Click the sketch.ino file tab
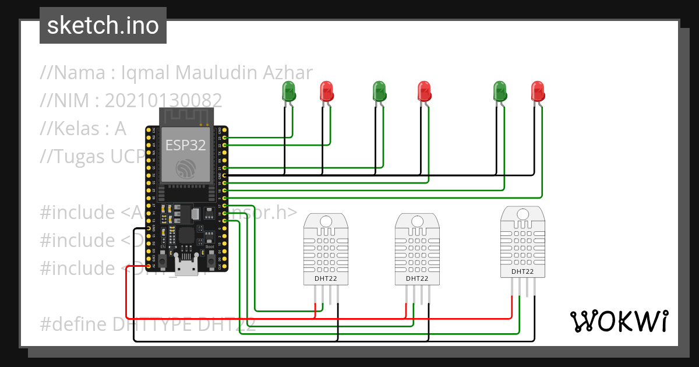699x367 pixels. [103, 26]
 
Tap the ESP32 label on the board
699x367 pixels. [186, 145]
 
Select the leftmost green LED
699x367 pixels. [288, 91]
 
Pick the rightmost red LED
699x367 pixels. [538, 91]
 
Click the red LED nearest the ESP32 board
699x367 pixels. [327, 91]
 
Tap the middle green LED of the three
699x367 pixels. [379, 91]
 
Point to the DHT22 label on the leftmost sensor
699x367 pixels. [326, 279]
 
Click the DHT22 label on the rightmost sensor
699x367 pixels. [523, 271]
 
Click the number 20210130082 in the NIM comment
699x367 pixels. [163, 101]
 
